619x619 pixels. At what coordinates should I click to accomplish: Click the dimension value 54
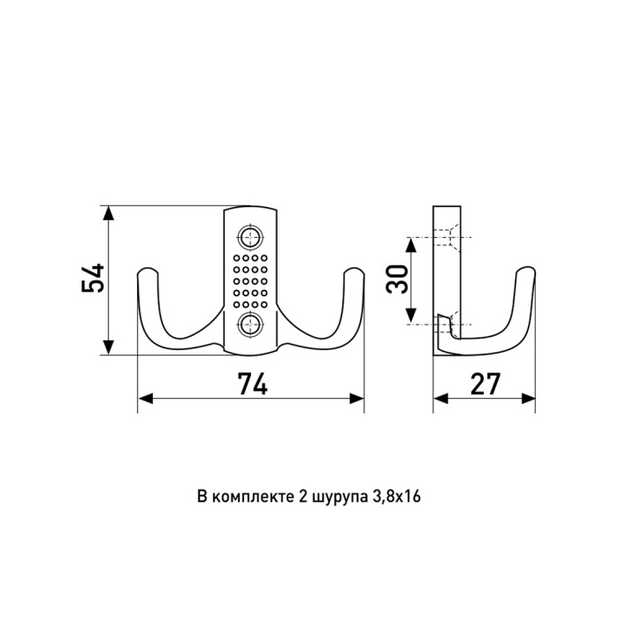93,278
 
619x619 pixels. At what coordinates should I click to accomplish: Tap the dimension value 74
253,384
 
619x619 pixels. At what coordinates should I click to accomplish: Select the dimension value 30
397,279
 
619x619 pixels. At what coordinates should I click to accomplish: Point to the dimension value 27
485,384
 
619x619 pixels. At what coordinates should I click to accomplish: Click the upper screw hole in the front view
250,237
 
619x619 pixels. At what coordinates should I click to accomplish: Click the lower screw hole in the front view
250,324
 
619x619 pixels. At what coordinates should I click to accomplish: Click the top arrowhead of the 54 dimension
108,213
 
